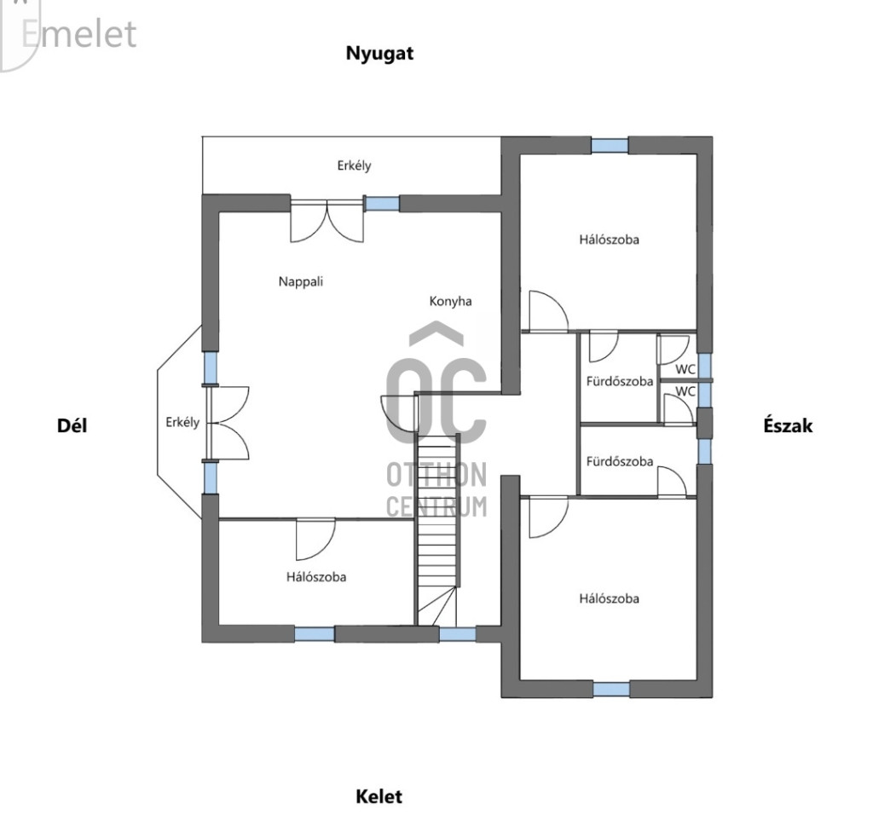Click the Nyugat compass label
tap(379, 53)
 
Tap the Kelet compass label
tap(379, 797)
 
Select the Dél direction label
tap(72, 425)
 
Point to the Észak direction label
tap(788, 425)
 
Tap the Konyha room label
tap(450, 301)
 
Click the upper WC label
tap(685, 369)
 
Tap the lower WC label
tap(685, 391)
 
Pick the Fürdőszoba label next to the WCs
tap(620, 381)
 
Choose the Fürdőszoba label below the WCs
tap(620, 461)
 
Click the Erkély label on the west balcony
tap(354, 166)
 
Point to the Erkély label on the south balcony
tap(182, 422)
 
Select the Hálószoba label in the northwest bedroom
tap(609, 240)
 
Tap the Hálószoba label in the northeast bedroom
tap(609, 598)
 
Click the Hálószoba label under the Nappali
tap(316, 577)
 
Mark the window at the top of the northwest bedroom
tap(610, 145)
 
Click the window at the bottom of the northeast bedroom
tap(611, 689)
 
